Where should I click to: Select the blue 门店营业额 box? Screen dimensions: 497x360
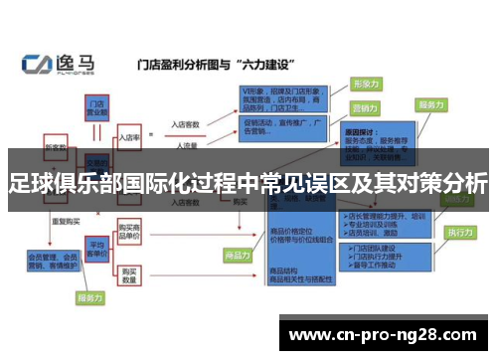(97, 106)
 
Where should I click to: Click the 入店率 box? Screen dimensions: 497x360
(129, 137)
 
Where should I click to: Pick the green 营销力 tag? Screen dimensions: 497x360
(366, 106)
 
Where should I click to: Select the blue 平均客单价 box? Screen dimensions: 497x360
(96, 246)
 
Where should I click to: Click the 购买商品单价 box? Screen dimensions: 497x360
(130, 230)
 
